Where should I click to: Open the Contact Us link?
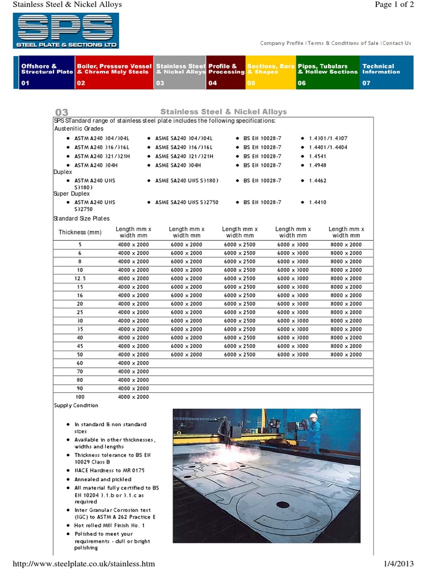[397, 43]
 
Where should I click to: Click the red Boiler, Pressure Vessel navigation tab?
[113, 72]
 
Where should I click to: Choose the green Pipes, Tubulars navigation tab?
[327, 72]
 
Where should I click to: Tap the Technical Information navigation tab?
[386, 72]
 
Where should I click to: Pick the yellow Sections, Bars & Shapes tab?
[270, 72]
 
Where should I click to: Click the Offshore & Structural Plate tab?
[46, 72]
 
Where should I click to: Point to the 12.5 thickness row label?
[80, 278]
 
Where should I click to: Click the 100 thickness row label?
[80, 397]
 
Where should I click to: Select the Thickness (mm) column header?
[80, 232]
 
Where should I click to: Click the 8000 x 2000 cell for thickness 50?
[346, 355]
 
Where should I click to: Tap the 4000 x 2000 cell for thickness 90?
[133, 388]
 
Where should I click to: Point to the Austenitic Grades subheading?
[78, 128]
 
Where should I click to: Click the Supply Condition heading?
[76, 406]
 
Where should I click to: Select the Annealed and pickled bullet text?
[103, 479]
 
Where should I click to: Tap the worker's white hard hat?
[314, 416]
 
